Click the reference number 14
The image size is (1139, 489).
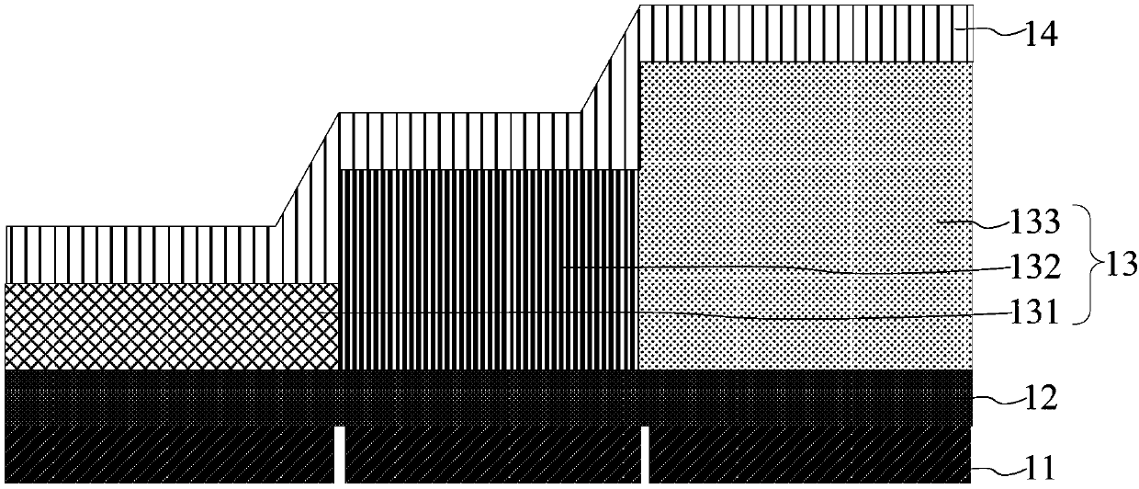(x=1043, y=37)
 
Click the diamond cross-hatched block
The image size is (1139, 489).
(x=172, y=326)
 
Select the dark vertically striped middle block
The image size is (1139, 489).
(x=488, y=269)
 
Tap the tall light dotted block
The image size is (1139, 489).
(x=805, y=216)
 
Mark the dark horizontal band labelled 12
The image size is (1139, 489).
(x=487, y=397)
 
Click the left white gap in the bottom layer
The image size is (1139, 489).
(x=340, y=454)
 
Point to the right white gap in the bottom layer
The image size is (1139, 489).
(x=644, y=454)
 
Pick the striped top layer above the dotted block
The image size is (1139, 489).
(x=805, y=34)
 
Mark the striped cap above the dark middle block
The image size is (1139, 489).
(x=459, y=142)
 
